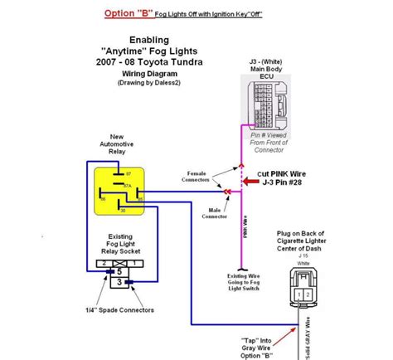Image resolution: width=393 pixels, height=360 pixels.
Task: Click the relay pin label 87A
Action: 127,187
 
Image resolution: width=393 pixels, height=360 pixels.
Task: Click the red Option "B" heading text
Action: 121,13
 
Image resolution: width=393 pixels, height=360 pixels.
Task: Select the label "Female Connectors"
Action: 199,177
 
